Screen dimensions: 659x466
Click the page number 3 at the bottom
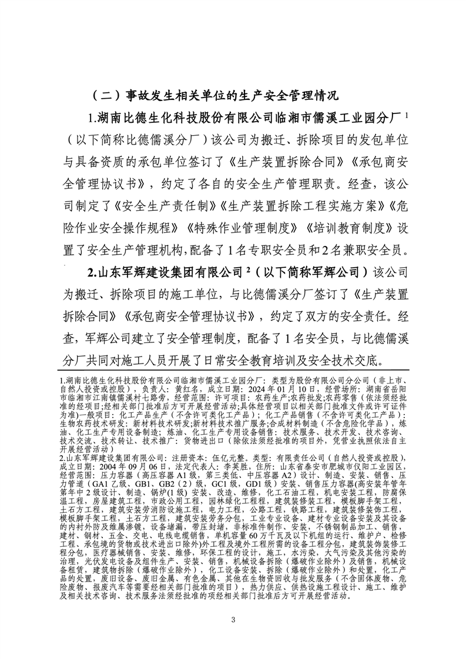233,620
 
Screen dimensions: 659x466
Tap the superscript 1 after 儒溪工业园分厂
405,113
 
